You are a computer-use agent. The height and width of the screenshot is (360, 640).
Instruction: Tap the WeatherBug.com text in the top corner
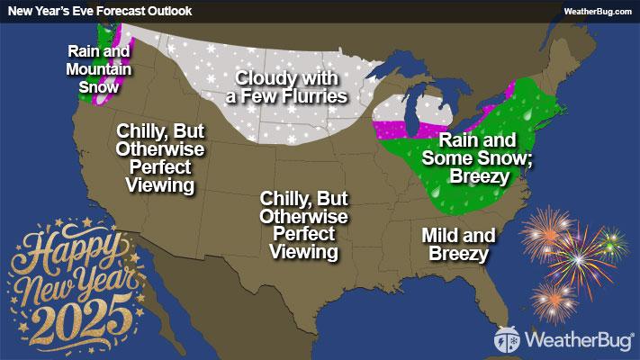pyautogui.click(x=597, y=10)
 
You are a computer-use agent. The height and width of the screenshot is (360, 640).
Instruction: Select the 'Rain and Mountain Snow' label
pyautogui.click(x=100, y=68)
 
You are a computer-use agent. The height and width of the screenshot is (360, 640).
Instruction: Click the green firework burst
pyautogui.click(x=612, y=241)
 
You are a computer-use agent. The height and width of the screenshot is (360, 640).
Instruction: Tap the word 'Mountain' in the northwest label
pyautogui.click(x=100, y=68)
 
